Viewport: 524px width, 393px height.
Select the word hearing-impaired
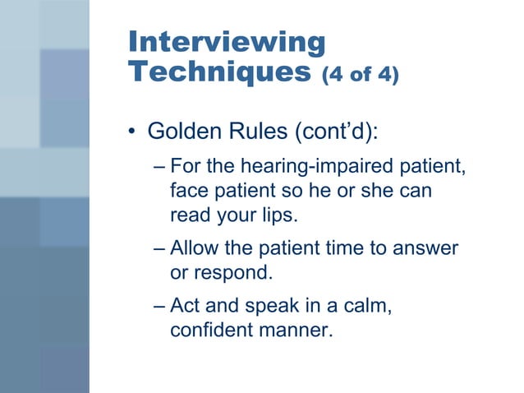pyautogui.click(x=309, y=167)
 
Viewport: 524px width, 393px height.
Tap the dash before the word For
pyautogui.click(x=160, y=167)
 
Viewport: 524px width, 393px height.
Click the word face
pyautogui.click(x=189, y=191)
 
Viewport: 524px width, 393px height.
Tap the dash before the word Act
pyautogui.click(x=160, y=306)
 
